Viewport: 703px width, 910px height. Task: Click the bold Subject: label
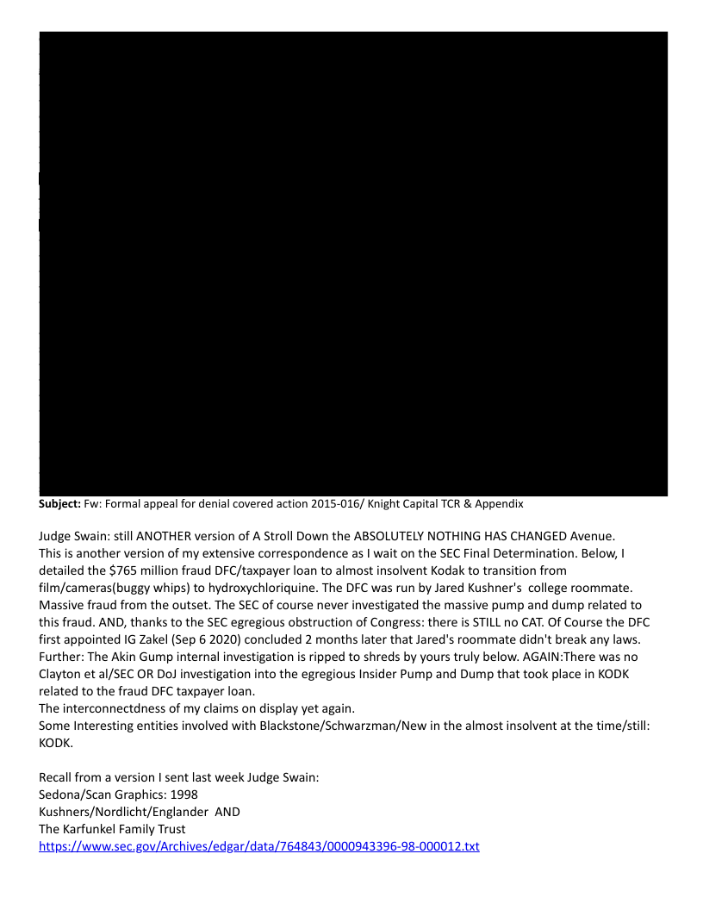click(59, 503)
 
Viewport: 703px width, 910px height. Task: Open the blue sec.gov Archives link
click(258, 846)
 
